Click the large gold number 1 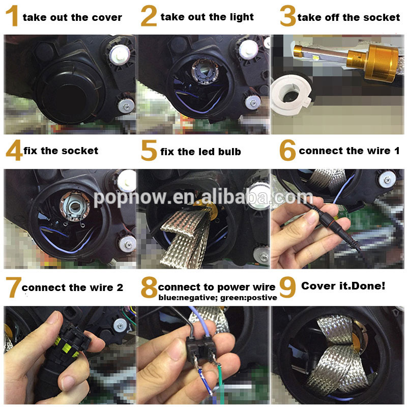click(12, 16)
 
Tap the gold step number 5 click(149, 150)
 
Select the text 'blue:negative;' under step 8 click(188, 298)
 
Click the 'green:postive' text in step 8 click(248, 298)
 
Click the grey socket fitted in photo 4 click(75, 207)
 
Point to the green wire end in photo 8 click(221, 384)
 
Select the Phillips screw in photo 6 click(387, 180)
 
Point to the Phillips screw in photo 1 click(126, 105)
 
